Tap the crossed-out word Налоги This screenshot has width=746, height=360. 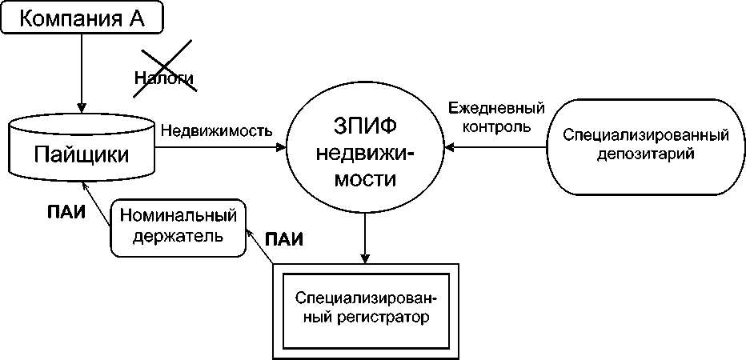pos(163,78)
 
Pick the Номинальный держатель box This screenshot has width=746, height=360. pos(178,227)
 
